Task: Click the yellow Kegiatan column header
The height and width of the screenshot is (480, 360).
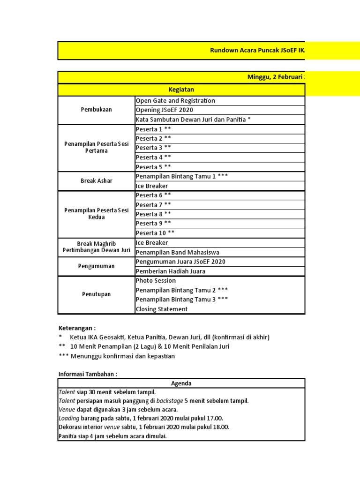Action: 181,90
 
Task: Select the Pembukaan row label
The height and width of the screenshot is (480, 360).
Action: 96,110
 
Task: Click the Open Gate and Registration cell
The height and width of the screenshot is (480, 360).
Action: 175,100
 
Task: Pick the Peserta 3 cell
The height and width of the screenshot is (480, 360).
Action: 153,148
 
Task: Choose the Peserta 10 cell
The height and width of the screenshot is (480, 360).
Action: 155,233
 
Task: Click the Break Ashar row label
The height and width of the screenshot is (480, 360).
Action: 96,181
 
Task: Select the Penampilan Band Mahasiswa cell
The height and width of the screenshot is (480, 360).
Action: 177,252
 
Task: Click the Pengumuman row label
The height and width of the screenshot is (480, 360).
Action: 96,266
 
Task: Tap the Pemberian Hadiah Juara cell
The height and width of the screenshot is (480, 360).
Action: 170,271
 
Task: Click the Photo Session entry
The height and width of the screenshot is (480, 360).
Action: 156,280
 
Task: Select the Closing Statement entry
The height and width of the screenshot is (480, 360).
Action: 161,309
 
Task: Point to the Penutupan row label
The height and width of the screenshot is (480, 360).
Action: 96,294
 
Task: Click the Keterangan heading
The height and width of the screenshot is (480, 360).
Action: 76,328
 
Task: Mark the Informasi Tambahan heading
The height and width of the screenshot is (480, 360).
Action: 88,374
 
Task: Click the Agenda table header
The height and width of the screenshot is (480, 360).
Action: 181,383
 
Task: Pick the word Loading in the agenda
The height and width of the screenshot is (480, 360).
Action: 69,418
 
